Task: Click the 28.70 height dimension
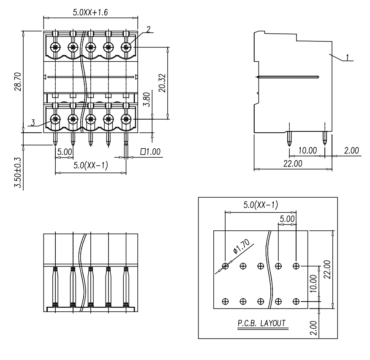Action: (18, 82)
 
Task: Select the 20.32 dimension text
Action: (162, 83)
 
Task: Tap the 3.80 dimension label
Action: (147, 99)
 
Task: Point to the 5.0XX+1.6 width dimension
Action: (90, 12)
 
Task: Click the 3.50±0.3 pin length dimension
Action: (18, 172)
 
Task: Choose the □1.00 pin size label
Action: (150, 152)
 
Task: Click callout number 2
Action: (148, 30)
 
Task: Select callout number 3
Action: (33, 123)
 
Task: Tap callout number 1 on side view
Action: (347, 57)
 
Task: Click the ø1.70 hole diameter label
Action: (241, 246)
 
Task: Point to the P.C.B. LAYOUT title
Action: (261, 323)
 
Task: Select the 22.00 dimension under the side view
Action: (293, 164)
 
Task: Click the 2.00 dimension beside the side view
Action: (351, 150)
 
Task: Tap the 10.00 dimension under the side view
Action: (307, 150)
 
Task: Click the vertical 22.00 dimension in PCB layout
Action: (327, 269)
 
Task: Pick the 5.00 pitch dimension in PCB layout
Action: (287, 219)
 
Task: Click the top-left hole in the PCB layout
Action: (226, 266)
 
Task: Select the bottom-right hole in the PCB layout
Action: (296, 301)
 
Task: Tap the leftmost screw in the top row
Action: (55, 47)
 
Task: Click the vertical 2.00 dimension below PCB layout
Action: (313, 328)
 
